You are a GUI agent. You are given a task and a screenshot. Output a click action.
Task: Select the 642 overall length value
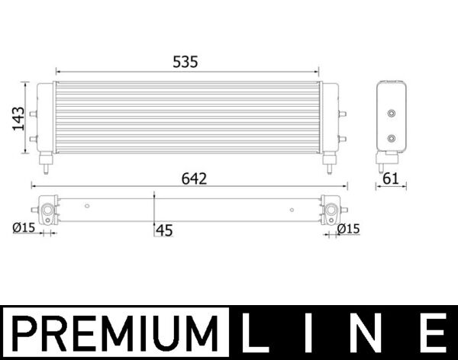coord(194,178)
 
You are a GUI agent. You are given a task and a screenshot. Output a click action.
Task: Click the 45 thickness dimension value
coord(164,229)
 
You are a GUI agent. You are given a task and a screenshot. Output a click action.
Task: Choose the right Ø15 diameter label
coord(348,228)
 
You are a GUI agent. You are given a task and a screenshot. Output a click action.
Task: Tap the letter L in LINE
coord(254,334)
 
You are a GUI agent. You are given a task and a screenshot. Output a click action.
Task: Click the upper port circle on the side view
coord(392,114)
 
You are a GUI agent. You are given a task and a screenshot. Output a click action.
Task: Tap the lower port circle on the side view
coord(392,139)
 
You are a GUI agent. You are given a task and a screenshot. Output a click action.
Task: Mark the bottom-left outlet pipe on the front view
coord(47,162)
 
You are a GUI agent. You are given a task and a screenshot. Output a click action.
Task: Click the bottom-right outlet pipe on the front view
coord(329,162)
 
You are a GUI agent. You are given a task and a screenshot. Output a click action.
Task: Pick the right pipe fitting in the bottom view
coord(331,209)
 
